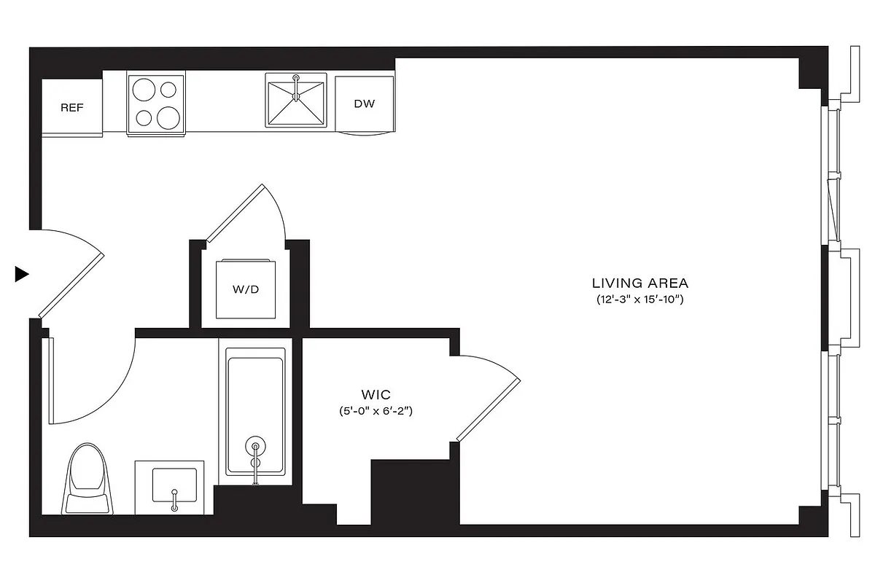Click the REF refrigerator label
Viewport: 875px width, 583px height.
tap(71, 108)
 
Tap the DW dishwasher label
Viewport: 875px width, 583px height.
tap(364, 103)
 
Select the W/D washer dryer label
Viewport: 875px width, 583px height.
tap(246, 289)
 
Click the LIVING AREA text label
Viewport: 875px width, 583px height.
tap(639, 283)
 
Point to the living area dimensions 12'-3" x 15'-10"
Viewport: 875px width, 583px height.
tap(639, 300)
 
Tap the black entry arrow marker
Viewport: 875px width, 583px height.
tap(22, 274)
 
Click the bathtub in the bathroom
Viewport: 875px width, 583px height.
tap(254, 412)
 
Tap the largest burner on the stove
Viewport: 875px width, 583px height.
tap(169, 117)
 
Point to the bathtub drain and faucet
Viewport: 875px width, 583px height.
tap(254, 455)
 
